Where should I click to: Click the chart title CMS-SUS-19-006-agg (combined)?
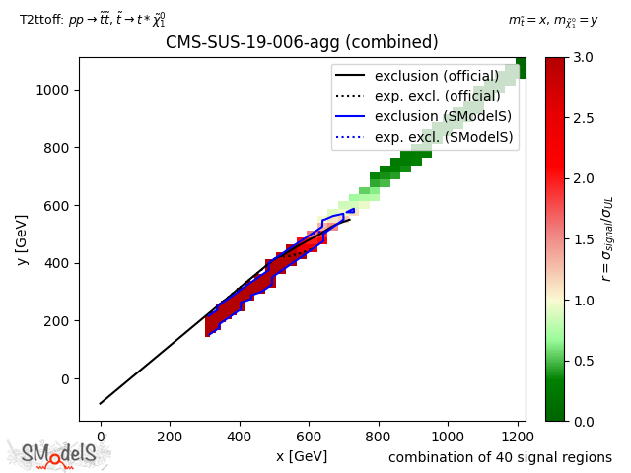[x=302, y=43]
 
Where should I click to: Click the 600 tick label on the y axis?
[x=61, y=206]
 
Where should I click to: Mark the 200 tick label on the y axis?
[x=61, y=321]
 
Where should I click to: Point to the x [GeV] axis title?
[x=302, y=456]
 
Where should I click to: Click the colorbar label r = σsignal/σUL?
[x=607, y=239]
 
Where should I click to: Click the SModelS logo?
[x=59, y=453]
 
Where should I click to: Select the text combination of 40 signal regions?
[x=500, y=457]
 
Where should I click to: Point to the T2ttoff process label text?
[x=93, y=20]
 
